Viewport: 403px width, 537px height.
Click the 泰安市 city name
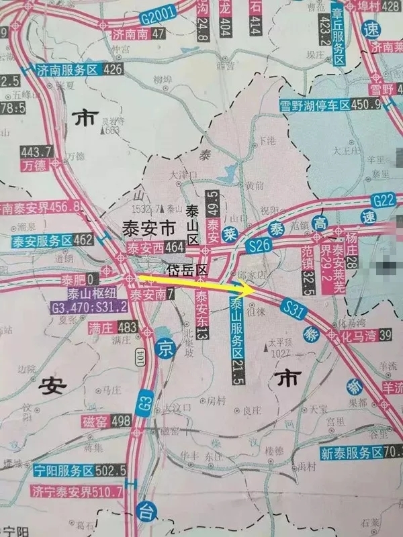146,228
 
